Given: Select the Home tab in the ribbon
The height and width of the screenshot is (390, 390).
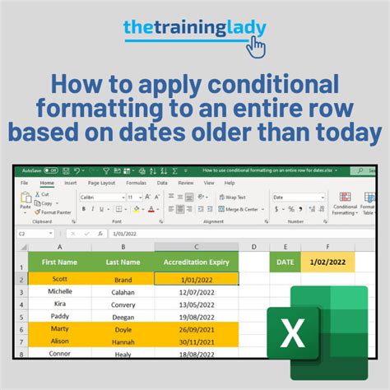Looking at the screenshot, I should [x=47, y=183].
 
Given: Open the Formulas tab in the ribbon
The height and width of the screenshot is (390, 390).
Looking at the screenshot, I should [x=137, y=183].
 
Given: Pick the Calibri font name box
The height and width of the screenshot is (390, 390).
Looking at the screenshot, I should [x=101, y=197].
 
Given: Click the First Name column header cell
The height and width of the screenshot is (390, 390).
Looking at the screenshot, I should [x=59, y=262].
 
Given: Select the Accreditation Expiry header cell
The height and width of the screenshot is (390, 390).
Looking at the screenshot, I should [x=196, y=262].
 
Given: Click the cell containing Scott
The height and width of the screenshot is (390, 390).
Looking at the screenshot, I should [x=59, y=278].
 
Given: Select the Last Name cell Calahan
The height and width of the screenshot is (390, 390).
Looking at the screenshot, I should [x=123, y=291].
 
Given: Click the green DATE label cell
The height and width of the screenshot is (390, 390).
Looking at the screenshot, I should [x=285, y=262].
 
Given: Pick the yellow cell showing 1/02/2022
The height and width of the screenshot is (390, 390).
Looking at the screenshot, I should [x=327, y=262].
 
